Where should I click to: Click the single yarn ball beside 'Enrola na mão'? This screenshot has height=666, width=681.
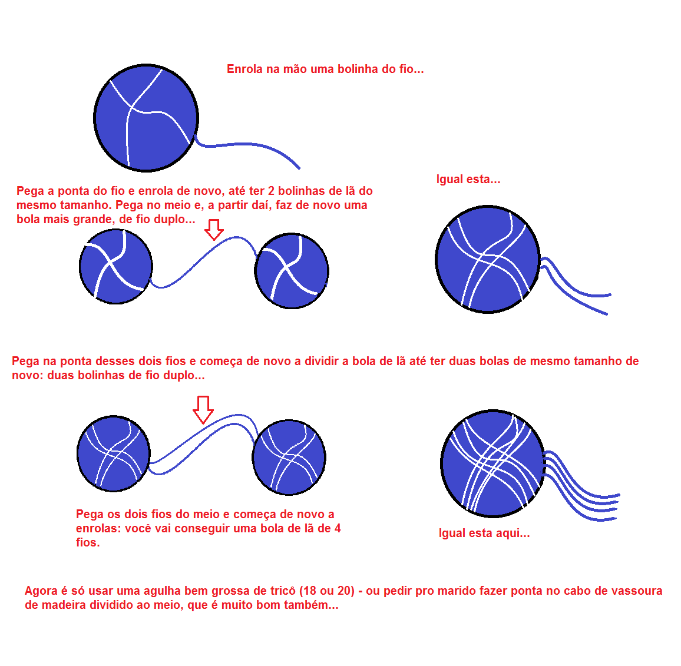point(146,118)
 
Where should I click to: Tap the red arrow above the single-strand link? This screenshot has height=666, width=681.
point(214,229)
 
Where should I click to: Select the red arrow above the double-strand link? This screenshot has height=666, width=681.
point(203,409)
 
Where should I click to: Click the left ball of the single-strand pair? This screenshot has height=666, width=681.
point(115,266)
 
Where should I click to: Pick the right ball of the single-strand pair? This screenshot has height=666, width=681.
point(292,271)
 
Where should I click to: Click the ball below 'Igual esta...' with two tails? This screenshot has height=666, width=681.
point(487,259)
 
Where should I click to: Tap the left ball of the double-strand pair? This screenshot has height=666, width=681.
point(113,453)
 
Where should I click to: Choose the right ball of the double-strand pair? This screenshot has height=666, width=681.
point(289,456)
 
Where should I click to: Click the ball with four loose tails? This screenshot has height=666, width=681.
point(492,463)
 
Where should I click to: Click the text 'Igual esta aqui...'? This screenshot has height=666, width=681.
point(484,534)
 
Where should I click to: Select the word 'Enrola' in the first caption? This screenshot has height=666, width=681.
point(244,69)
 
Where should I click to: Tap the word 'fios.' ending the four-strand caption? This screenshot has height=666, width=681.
point(88,542)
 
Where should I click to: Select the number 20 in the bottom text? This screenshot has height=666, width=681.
point(345,591)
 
